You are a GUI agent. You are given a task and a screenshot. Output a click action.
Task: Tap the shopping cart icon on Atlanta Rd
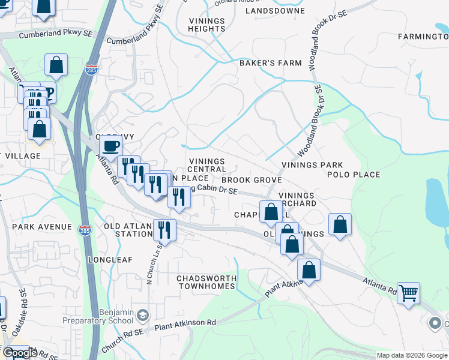tap(408, 293)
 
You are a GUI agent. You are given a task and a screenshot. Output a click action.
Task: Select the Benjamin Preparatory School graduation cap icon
tap(143, 314)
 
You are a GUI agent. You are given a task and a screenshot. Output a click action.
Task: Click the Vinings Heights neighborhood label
tap(206, 25)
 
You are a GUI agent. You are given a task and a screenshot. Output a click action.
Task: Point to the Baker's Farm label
tap(262, 62)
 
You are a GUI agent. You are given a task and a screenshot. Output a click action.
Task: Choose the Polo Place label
tap(354, 175)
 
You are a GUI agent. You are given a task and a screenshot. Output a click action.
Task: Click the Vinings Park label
tap(312, 165)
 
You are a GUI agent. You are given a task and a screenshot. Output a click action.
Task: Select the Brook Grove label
tap(252, 180)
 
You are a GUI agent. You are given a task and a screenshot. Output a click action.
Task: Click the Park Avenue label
tap(42, 228)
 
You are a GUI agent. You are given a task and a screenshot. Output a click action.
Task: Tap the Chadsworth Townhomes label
tap(206, 282)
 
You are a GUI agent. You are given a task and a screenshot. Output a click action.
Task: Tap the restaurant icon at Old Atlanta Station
tap(163, 229)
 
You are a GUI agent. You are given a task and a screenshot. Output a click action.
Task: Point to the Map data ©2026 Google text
tap(411, 355)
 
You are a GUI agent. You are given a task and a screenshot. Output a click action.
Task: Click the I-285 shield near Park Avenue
tap(83, 228)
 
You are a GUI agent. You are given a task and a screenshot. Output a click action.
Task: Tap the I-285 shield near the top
tap(92, 69)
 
